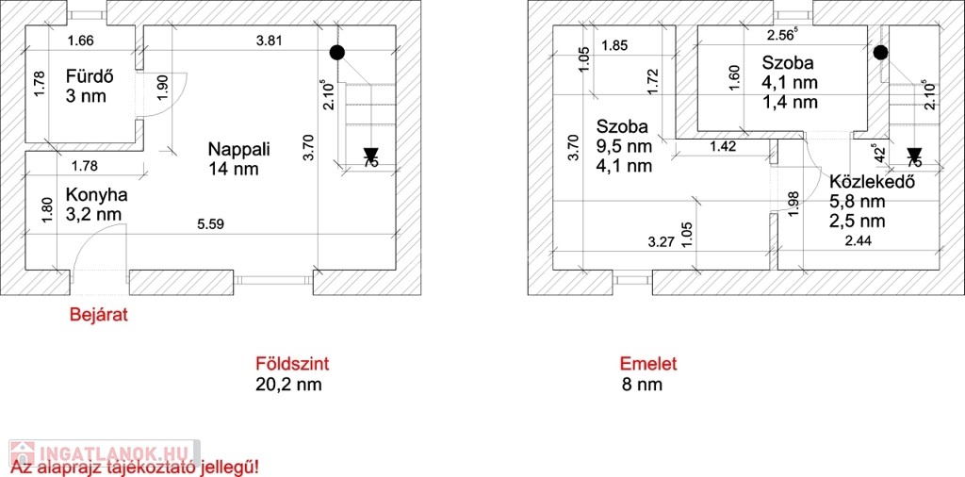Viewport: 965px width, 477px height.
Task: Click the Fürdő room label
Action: click(x=86, y=76)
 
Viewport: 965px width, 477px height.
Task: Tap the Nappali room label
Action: click(x=239, y=149)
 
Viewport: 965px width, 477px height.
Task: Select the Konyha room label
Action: click(x=96, y=194)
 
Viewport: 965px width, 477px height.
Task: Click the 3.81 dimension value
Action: click(x=270, y=40)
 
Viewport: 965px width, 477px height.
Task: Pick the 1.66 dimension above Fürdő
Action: click(x=81, y=40)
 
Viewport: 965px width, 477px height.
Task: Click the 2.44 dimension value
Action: click(x=859, y=242)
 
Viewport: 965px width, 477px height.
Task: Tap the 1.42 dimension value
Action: click(x=722, y=145)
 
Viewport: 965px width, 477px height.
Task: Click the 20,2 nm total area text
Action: click(x=292, y=385)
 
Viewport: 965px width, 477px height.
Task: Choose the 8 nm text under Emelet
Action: click(x=642, y=385)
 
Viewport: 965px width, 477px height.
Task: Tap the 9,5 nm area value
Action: click(x=624, y=146)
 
